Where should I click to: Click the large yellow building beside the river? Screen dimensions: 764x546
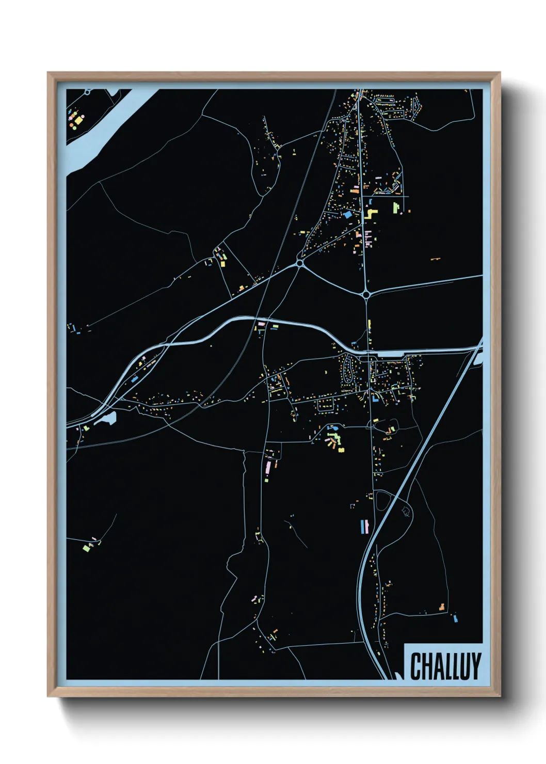tap(77, 121)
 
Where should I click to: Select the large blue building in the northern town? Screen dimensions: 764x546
tap(347, 213)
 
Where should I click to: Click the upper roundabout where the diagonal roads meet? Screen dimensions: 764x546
tap(300, 264)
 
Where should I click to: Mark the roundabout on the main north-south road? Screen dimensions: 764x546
tap(366, 294)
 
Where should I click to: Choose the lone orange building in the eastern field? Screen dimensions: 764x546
tap(435, 258)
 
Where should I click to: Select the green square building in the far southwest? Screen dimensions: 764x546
tap(86, 548)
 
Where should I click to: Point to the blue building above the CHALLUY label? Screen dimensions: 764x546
tap(455, 617)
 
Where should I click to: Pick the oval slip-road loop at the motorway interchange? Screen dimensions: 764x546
tap(382, 501)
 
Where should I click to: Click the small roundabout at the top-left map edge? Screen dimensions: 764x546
tap(88, 92)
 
